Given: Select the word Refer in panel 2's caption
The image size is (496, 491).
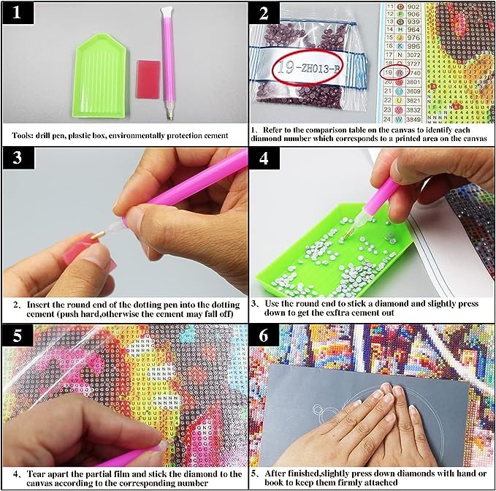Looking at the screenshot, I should [x=275, y=126].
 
